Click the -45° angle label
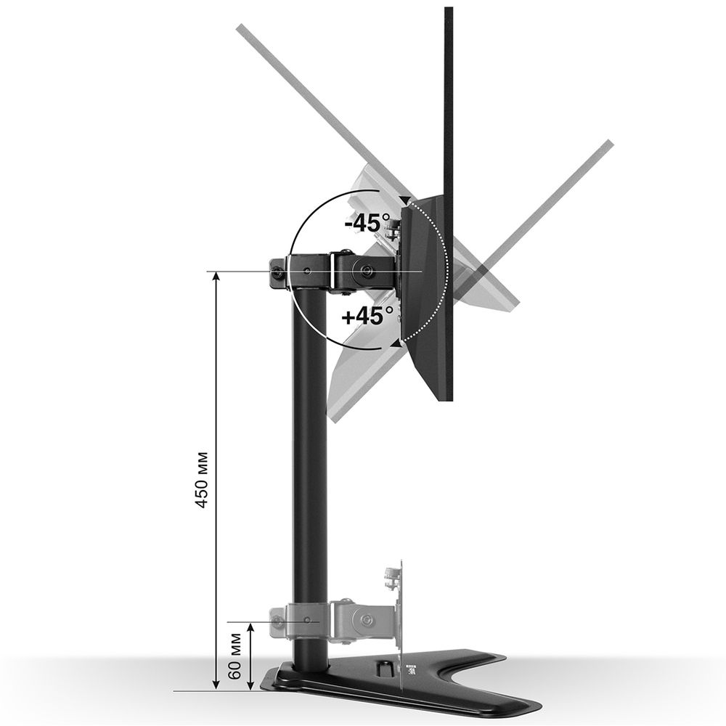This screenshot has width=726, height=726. coord(367,222)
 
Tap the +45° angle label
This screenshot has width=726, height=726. coord(367,317)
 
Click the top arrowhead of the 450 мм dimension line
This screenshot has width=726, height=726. coord(216,278)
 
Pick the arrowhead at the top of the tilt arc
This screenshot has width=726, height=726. coord(403,198)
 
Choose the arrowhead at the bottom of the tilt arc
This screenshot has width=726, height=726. coord(396,342)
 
